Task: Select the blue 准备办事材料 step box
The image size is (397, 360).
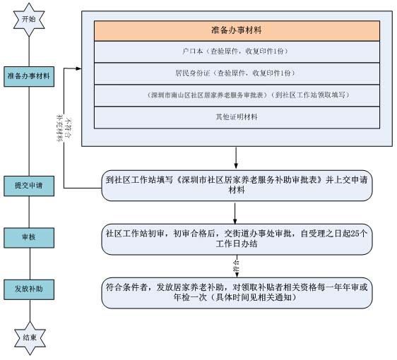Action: point(29,75)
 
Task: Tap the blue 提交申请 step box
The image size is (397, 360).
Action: point(29,185)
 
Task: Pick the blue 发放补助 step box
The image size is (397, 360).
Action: point(29,289)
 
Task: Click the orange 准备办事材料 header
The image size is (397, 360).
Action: point(238,31)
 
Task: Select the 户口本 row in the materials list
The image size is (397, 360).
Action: point(238,52)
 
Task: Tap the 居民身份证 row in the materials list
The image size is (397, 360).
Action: point(238,73)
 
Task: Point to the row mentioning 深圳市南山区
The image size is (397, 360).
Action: point(238,95)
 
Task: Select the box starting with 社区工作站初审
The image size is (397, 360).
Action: point(236,237)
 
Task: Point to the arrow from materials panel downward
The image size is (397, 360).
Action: point(235,157)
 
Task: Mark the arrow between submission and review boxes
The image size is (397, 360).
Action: point(235,212)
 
